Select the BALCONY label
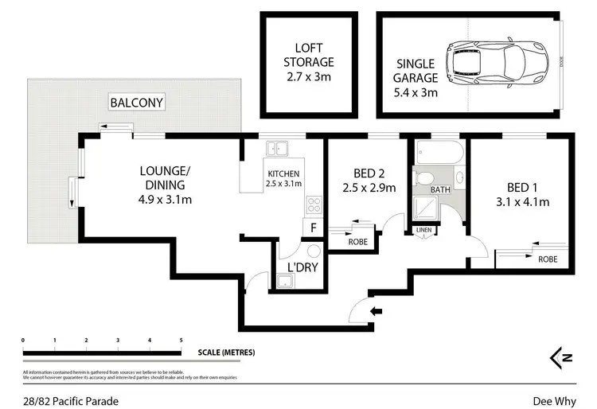pos(137,103)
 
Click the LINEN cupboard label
pos(423,232)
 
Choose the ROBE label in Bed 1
pos(547,259)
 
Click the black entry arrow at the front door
pos(377,310)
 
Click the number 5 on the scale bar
pos(181,340)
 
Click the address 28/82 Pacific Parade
pos(71,401)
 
